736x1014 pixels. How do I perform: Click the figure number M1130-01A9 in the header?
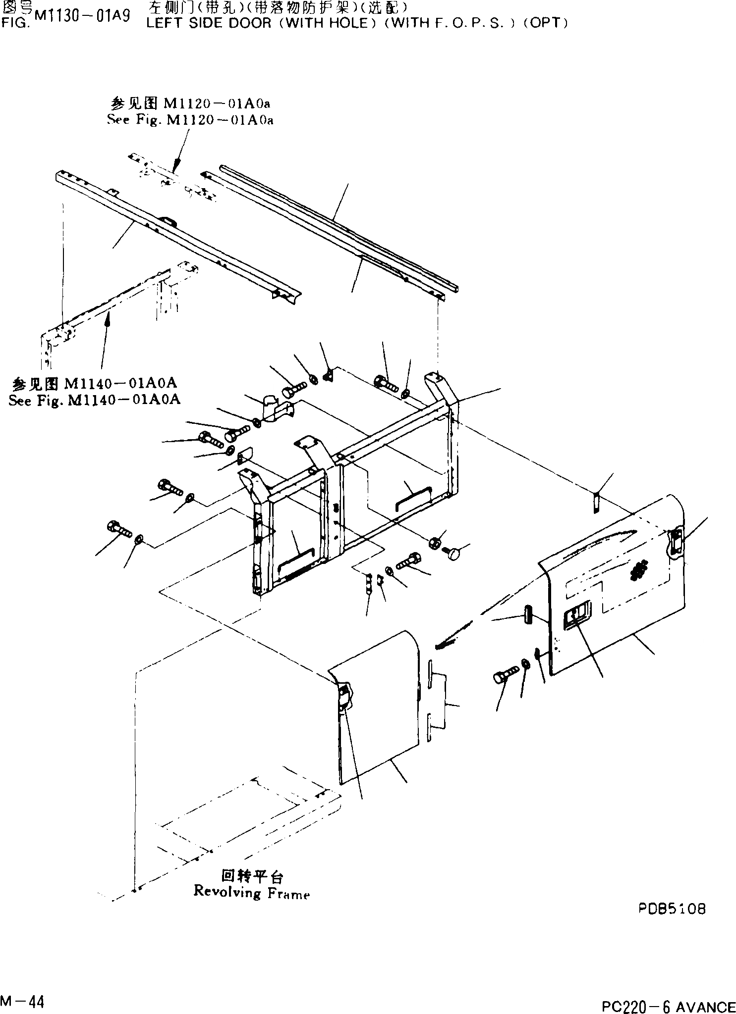tap(83, 16)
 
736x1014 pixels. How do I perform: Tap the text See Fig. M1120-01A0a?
tap(190, 120)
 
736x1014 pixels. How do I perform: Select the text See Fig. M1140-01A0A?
tap(94, 400)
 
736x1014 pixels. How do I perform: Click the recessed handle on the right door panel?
tap(576, 616)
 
